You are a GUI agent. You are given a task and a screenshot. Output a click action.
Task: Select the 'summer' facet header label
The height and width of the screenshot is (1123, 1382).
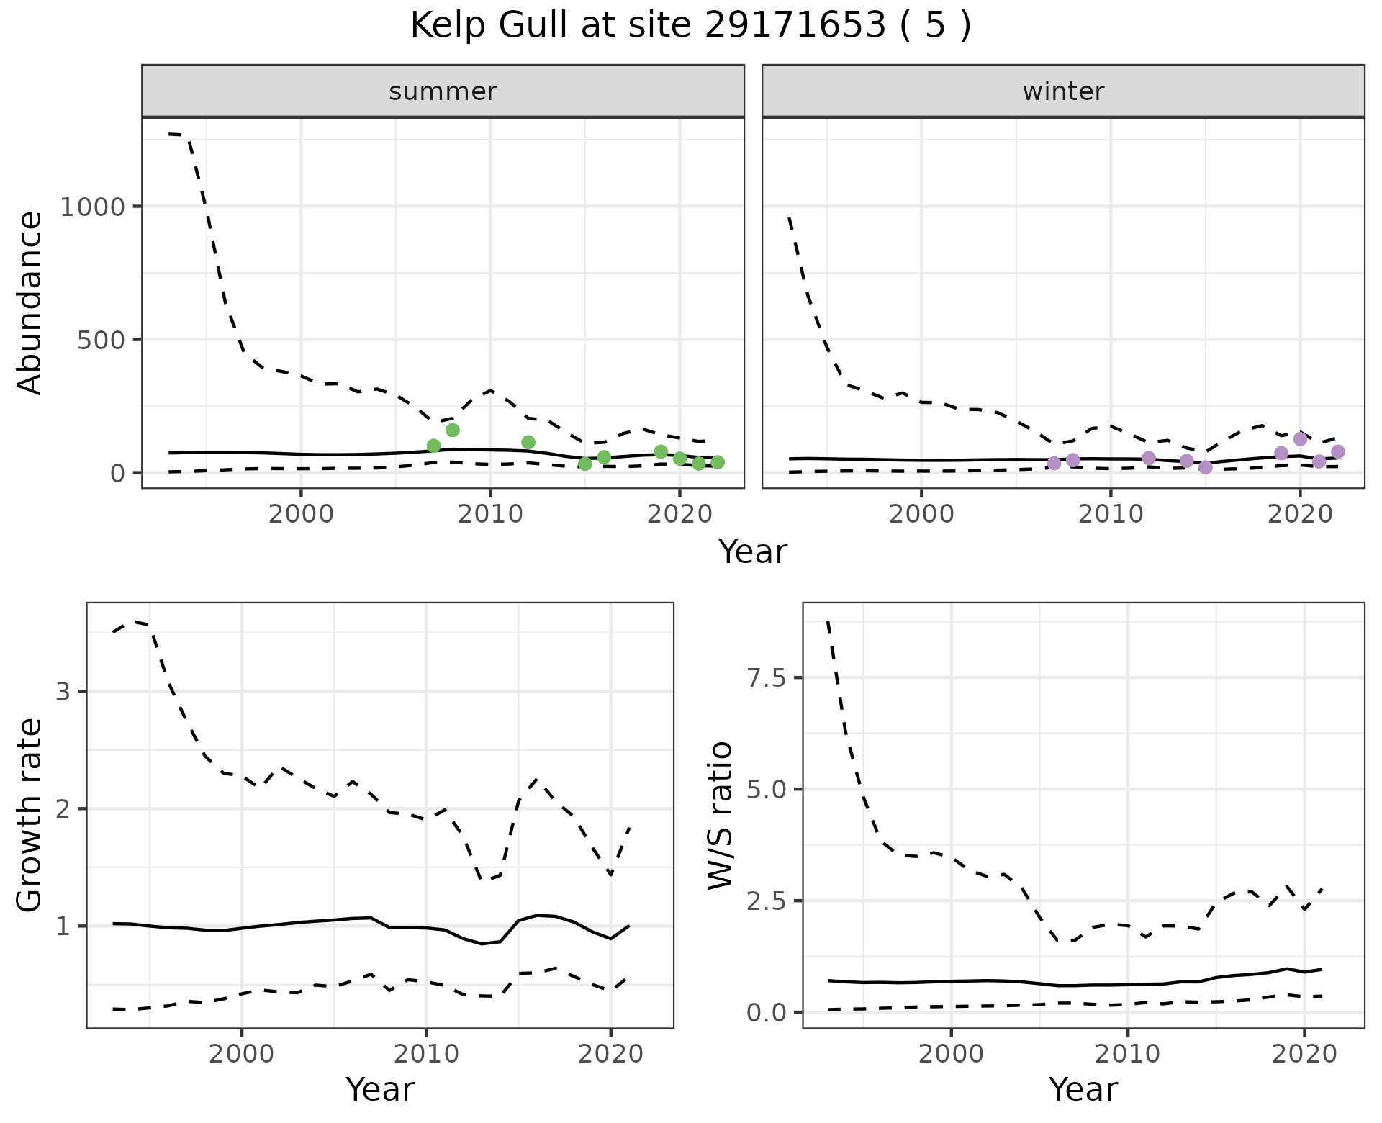coord(443,91)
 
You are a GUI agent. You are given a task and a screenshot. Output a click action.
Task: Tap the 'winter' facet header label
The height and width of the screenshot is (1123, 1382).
coord(1063,91)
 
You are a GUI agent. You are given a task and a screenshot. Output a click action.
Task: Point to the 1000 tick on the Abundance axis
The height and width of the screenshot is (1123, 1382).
coord(92,207)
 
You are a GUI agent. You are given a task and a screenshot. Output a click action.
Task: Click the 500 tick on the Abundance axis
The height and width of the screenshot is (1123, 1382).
coord(100,340)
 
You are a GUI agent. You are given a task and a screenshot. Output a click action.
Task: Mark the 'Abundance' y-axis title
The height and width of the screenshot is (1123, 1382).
coord(30,303)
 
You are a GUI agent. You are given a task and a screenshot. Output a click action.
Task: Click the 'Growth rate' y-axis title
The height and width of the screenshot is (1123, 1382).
coord(30,815)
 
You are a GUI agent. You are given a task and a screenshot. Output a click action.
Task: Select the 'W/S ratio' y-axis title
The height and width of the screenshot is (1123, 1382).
coord(720,815)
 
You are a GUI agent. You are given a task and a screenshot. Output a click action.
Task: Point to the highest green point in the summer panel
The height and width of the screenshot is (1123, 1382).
coord(453,430)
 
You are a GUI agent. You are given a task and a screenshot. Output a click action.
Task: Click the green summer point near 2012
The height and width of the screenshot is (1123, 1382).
coord(528,442)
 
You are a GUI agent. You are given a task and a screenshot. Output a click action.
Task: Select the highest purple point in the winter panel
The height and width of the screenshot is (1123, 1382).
coord(1300,439)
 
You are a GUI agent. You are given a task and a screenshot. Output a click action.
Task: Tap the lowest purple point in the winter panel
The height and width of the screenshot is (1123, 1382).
coord(1206,467)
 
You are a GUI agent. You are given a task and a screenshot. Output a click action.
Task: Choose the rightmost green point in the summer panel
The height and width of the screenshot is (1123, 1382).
coord(718,462)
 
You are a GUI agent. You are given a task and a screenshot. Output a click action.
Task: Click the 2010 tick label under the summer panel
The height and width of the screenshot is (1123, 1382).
coord(490,514)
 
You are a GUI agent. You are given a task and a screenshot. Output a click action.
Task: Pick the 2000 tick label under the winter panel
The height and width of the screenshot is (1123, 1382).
coord(921,514)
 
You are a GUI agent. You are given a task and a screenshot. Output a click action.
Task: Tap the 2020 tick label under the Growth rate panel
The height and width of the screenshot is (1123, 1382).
coord(610,1055)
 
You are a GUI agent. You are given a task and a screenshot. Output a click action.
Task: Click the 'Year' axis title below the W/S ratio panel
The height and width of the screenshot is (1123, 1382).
coord(1083,1090)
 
